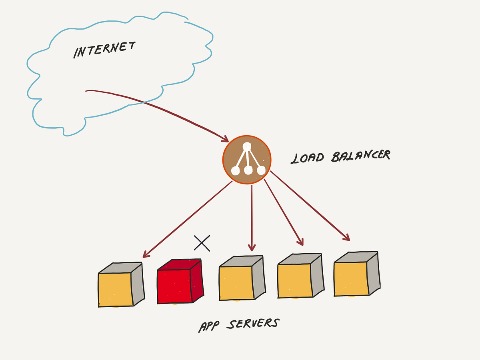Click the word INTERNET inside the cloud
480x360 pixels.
click(x=104, y=50)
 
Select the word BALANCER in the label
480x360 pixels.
click(x=360, y=156)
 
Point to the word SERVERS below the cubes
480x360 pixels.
click(x=252, y=323)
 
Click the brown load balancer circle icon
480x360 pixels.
click(x=247, y=160)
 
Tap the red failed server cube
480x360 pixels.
click(x=180, y=282)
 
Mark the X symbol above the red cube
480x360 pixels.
click(x=202, y=243)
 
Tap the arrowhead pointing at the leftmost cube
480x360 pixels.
click(x=146, y=254)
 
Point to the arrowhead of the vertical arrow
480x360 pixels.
click(x=251, y=248)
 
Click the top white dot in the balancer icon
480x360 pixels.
click(x=248, y=147)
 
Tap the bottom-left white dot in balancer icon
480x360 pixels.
click(x=236, y=171)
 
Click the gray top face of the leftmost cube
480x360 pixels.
click(x=120, y=268)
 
